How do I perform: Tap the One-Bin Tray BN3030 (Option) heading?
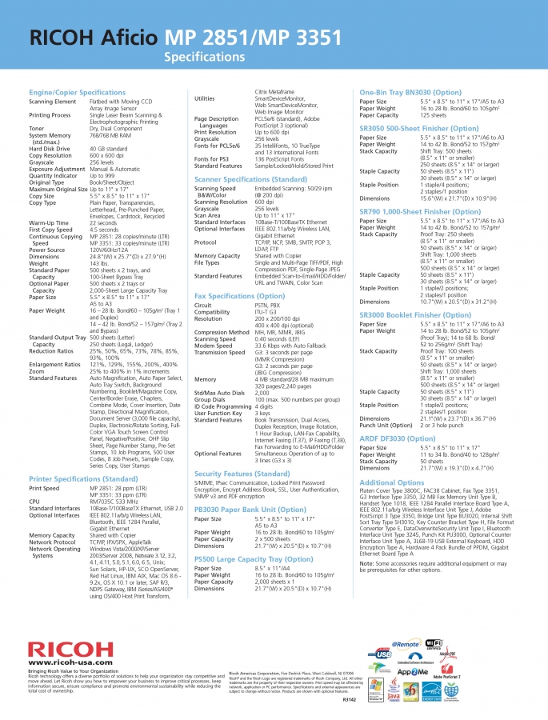click(x=410, y=93)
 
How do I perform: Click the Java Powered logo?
click(x=393, y=690)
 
